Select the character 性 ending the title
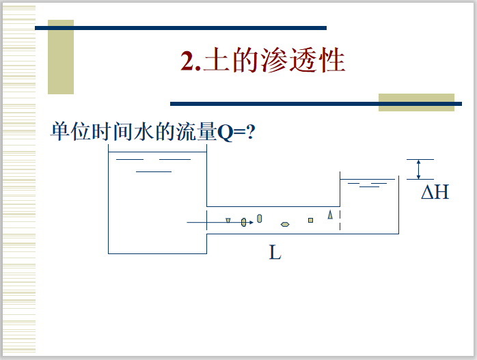331,61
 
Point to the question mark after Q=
251,132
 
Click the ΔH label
435,192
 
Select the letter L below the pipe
275,253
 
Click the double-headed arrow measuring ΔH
418,169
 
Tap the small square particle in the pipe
310,220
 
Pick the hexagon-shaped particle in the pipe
285,224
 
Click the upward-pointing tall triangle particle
330,214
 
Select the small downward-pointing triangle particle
228,220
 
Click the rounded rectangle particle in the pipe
260,219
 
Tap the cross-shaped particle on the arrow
243,223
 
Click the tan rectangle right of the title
416,102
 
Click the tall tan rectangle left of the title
61,57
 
